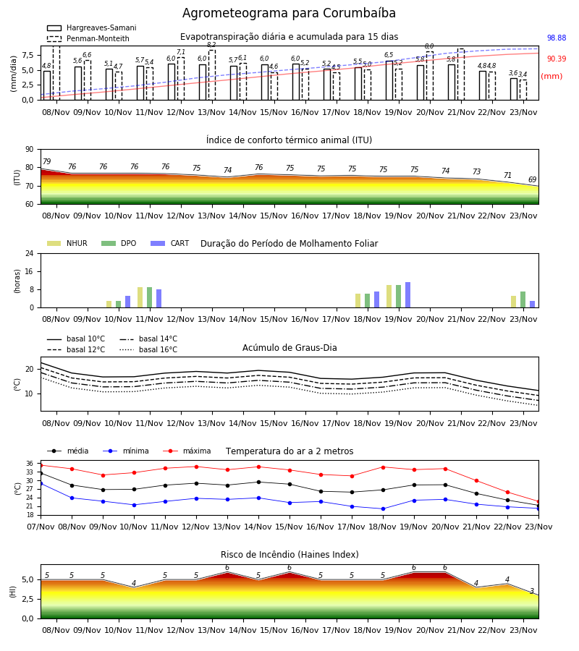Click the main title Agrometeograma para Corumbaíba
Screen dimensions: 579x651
[289, 13]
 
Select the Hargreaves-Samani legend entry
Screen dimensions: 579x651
[92, 27]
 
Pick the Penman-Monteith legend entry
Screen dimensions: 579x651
[88, 38]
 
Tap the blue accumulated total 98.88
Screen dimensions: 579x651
[557, 38]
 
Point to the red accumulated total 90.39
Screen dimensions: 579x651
[557, 59]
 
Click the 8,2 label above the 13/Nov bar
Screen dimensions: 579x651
[211, 44]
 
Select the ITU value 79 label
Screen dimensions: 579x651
[46, 161]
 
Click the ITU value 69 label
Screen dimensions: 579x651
[532, 180]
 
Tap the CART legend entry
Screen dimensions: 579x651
[170, 243]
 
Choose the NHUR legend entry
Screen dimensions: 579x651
[67, 243]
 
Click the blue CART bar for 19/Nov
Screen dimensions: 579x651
[408, 295]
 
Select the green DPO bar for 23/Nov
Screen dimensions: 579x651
[523, 299]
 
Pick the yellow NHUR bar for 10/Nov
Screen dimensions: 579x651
[109, 305]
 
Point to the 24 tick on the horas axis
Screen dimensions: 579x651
[30, 253]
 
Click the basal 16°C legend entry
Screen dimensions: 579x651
[148, 349]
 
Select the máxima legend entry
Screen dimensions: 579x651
[187, 451]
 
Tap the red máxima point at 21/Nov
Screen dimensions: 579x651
[476, 481]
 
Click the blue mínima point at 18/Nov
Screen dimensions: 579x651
[383, 509]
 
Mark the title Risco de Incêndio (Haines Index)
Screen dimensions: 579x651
[289, 554]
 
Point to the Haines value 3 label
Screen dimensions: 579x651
[532, 591]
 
